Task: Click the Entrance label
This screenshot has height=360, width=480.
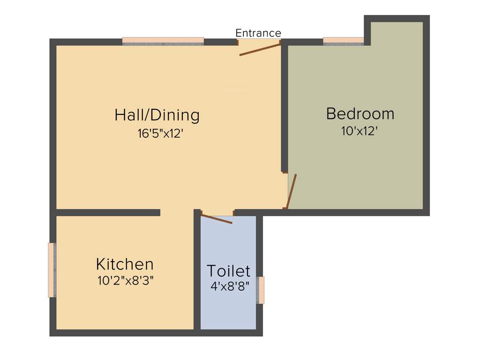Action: click(258, 33)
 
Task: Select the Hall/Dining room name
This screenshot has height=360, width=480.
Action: click(157, 115)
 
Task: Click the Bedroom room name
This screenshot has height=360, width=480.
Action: click(360, 114)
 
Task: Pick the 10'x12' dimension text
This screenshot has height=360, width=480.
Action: click(360, 131)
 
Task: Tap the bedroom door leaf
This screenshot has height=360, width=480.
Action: click(292, 191)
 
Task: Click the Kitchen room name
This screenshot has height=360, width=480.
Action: click(125, 264)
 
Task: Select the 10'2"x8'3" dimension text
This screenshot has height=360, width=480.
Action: click(126, 281)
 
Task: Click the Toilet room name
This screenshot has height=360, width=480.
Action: click(228, 271)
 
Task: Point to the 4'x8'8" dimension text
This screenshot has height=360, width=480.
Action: click(229, 286)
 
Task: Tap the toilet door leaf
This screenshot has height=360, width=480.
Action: click(217, 219)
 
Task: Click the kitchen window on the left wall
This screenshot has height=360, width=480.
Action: click(52, 270)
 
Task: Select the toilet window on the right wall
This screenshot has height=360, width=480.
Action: click(260, 290)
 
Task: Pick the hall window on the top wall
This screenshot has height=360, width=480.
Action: click(163, 41)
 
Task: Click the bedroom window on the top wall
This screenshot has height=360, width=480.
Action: click(344, 41)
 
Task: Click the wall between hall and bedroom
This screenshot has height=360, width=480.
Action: click(284, 108)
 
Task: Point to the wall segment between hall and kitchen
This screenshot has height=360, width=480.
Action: click(108, 212)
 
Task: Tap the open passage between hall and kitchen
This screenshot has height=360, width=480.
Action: click(177, 212)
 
